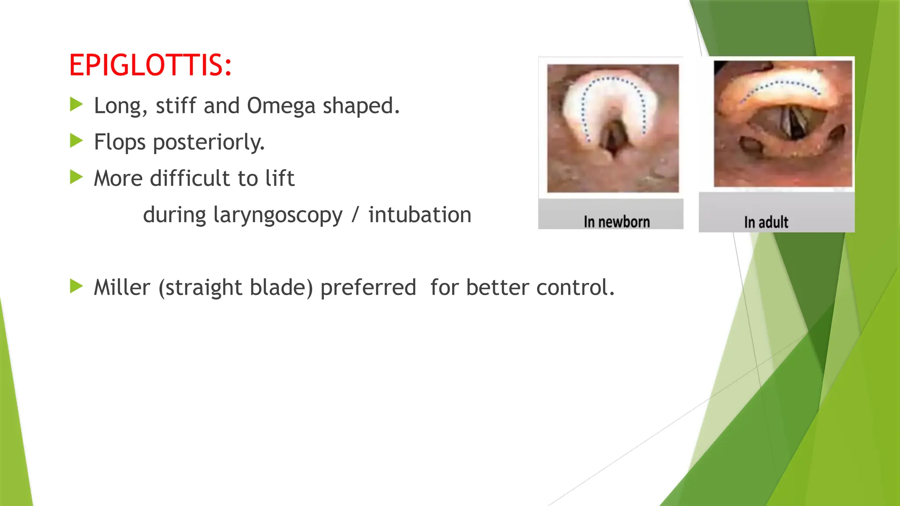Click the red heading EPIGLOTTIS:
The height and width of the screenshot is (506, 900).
150,65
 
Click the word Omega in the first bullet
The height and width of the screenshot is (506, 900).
281,106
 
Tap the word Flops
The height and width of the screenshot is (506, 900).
120,142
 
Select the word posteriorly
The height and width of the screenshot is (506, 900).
209,142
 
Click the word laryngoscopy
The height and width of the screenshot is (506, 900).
278,215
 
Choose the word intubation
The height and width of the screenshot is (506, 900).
420,215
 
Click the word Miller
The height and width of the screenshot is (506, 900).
122,288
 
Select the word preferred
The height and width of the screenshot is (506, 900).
368,288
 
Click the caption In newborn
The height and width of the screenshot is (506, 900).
617,222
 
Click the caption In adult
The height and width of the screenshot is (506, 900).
766,222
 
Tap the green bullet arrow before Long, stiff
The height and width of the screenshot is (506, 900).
76,105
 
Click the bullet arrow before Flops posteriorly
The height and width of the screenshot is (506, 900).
76,141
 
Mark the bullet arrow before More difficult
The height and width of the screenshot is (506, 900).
76,177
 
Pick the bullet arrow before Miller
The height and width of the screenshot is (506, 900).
76,286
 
